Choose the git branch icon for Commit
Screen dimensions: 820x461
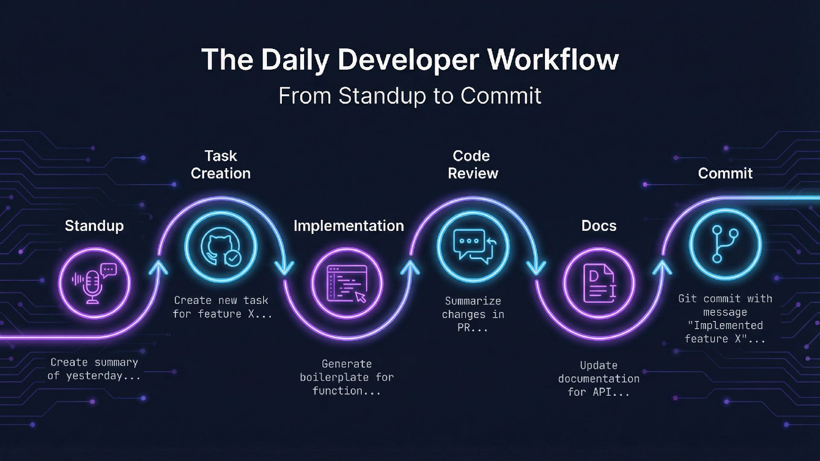[x=725, y=244]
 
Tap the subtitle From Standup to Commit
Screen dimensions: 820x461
[x=410, y=96]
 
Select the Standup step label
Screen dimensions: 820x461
[x=94, y=225]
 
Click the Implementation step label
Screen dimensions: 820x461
[x=348, y=225]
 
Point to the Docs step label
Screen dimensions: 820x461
[x=599, y=225]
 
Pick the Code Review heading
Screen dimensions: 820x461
[x=473, y=164]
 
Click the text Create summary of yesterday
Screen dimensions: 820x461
[x=94, y=369]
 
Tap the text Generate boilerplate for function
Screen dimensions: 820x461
[x=346, y=377]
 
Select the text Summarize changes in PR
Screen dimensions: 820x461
[x=473, y=314]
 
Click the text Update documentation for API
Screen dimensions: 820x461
[x=599, y=379]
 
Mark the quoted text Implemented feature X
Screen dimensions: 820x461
[x=725, y=332]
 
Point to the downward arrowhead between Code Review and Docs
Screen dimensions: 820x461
[x=536, y=268]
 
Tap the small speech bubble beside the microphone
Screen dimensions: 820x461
[x=108, y=270]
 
